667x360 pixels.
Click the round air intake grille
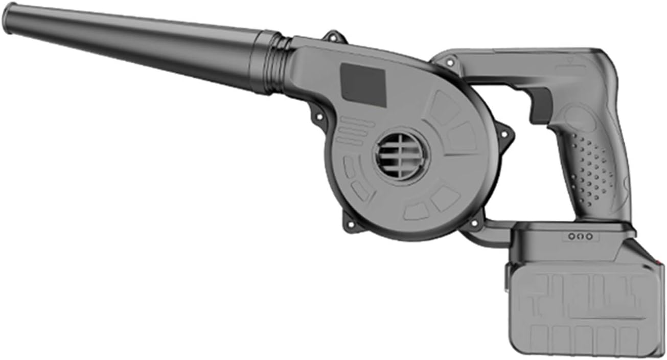(x=402, y=156)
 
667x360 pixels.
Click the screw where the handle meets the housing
(x=450, y=63)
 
